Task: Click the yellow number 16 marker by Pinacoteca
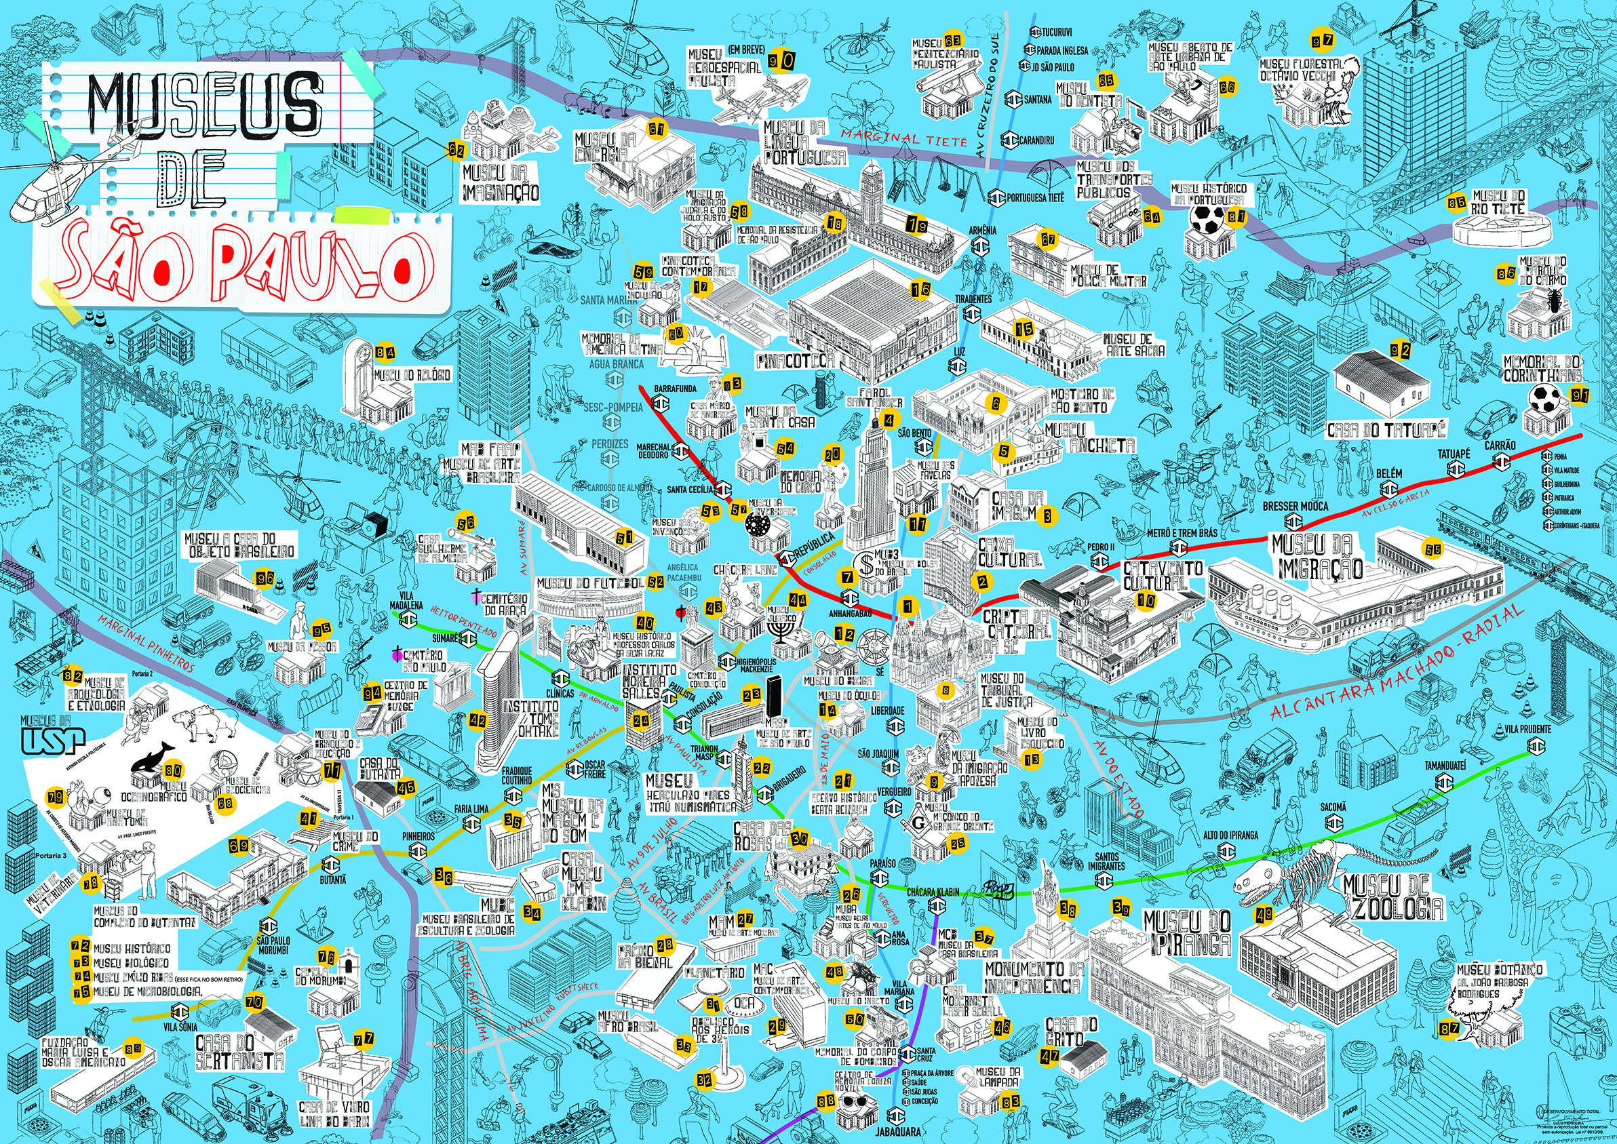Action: point(920,289)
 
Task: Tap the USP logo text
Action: point(53,741)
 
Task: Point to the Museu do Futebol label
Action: point(590,583)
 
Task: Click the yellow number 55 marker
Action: point(1433,549)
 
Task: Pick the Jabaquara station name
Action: point(897,1131)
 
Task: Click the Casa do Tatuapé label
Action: point(1386,429)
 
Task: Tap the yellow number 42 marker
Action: point(478,720)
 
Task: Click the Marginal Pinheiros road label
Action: point(146,641)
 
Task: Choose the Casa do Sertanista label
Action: point(239,1051)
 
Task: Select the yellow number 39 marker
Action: point(1121,907)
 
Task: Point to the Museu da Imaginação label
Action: point(501,182)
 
